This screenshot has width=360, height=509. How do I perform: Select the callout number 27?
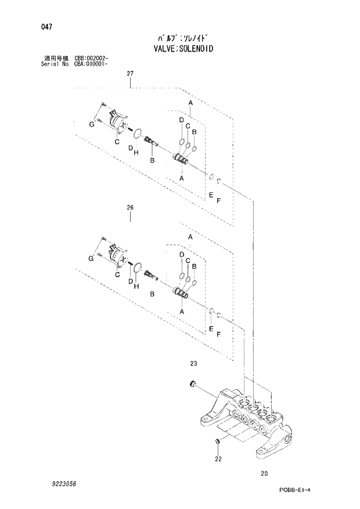(x=130, y=73)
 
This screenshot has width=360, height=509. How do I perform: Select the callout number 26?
(x=130, y=207)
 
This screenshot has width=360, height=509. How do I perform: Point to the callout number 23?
(x=193, y=364)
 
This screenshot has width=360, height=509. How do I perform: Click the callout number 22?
(x=218, y=459)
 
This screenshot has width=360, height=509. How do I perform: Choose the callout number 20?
(x=264, y=474)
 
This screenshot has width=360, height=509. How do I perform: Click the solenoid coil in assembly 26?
(x=117, y=254)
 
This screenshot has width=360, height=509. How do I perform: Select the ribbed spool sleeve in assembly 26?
(x=182, y=292)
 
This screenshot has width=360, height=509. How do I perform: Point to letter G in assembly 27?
(x=91, y=125)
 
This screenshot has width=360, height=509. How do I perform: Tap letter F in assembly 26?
(x=218, y=335)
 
